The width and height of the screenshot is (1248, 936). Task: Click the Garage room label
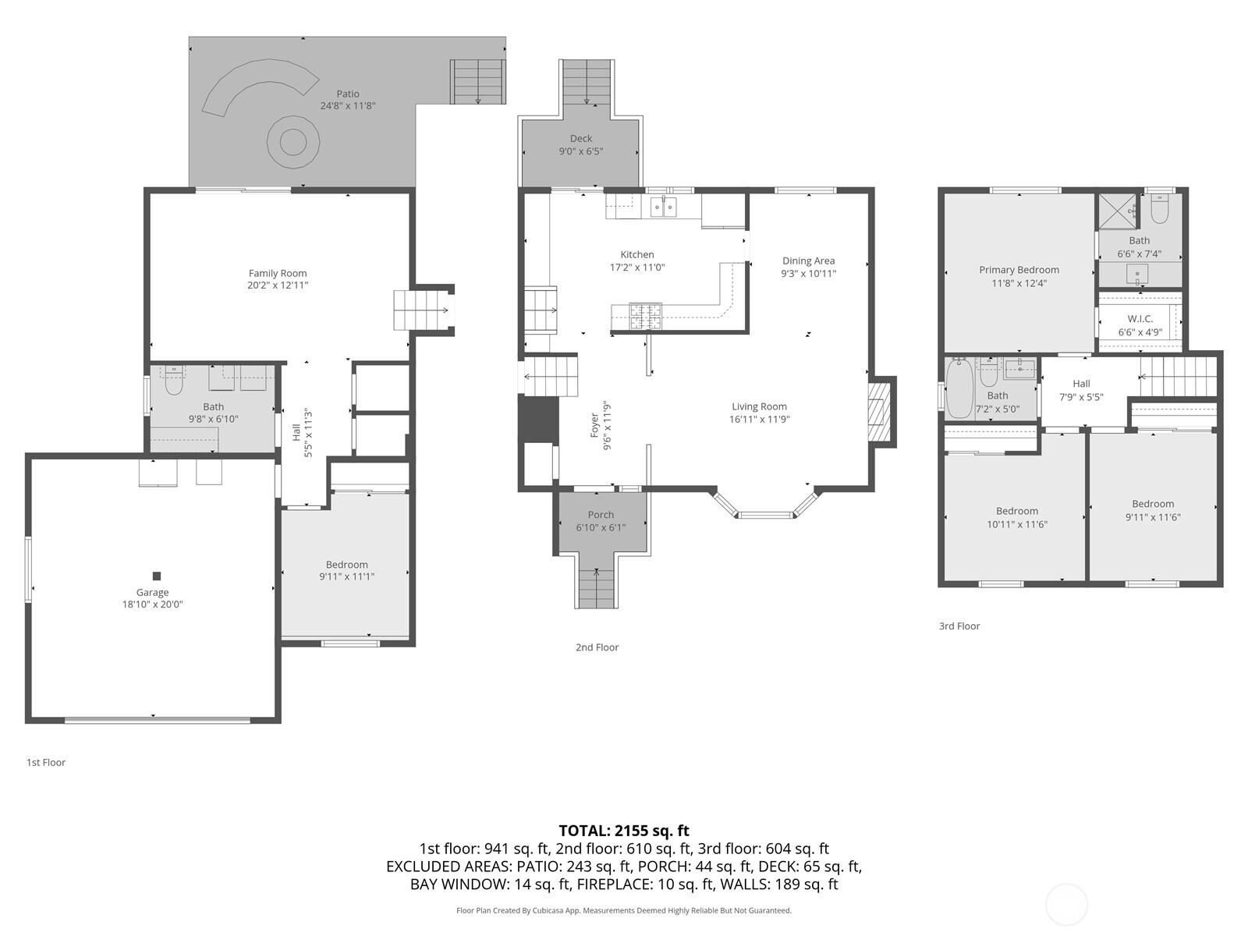152,592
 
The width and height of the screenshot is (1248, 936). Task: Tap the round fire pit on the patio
293,142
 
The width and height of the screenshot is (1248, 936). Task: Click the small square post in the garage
157,576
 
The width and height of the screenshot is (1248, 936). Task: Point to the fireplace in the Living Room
879,412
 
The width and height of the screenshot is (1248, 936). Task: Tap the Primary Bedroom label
1019,270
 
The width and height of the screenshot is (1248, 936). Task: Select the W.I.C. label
1140,319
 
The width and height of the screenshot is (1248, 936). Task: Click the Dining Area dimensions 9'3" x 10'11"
809,273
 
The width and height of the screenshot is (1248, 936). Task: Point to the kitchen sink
664,207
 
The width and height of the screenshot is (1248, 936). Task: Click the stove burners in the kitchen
645,317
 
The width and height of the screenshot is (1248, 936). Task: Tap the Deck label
581,138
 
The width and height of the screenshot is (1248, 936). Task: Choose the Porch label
601,514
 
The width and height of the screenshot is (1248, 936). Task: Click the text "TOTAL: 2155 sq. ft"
624,831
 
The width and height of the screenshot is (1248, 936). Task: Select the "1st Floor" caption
46,763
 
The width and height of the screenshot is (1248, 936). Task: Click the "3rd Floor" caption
959,626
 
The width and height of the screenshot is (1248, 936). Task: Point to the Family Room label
278,273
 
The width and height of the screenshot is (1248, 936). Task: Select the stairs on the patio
478,82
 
